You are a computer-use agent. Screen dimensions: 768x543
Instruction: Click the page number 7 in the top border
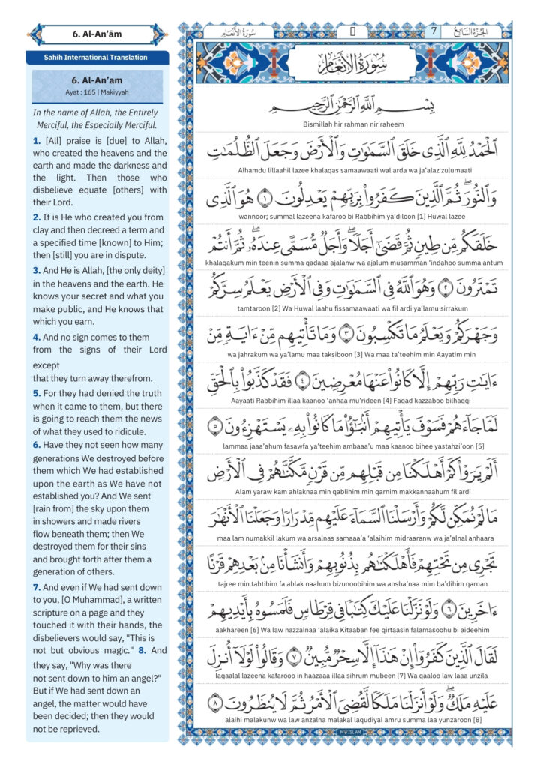coord(433,31)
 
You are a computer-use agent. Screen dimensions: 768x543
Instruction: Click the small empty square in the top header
coord(352,31)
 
